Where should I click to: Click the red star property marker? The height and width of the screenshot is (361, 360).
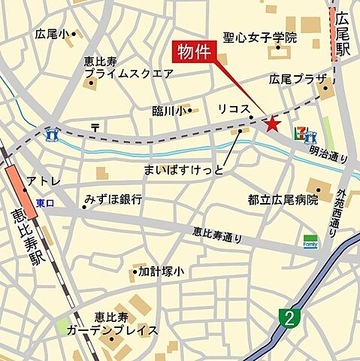click(271, 123)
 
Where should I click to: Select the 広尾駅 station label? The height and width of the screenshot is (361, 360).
click(343, 38)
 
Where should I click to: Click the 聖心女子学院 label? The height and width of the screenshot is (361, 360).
click(260, 38)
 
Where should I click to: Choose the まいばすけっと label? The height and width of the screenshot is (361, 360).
click(186, 170)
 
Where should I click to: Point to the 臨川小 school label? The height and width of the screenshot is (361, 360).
click(168, 111)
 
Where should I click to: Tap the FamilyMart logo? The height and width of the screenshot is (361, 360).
click(310, 242)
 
